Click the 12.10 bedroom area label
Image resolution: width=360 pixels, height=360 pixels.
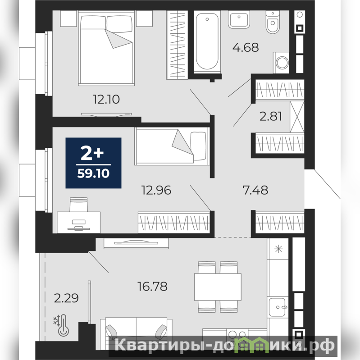[106, 100]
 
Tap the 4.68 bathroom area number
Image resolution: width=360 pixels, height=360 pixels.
[246, 47]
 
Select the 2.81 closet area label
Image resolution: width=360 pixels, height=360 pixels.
[270, 116]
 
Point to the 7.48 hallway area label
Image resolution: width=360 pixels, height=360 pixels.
[255, 190]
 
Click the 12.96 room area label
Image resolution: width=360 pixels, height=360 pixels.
[156, 190]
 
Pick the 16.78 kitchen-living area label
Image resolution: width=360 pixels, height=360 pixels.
[152, 287]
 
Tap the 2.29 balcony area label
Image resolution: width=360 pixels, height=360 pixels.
[66, 298]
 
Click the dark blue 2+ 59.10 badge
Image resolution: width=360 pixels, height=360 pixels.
[93, 163]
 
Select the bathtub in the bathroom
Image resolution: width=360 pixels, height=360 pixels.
[207, 41]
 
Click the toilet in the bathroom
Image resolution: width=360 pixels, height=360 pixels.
[273, 22]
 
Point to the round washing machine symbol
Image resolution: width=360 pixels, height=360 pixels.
[282, 63]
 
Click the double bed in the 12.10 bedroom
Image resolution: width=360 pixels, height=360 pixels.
[106, 48]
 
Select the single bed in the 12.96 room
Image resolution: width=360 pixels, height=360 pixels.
[172, 146]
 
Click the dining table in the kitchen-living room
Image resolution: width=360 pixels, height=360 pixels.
[218, 287]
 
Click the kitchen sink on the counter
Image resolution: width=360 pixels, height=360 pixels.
[278, 307]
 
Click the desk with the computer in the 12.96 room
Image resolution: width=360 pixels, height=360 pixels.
[78, 222]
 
